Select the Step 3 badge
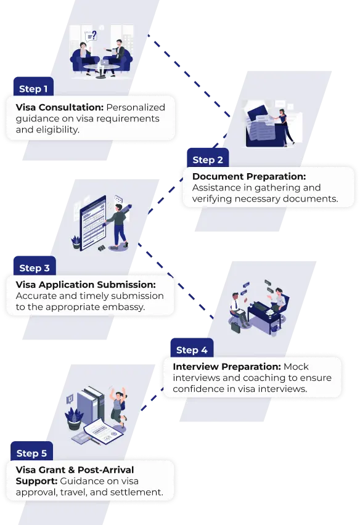tap(35, 267)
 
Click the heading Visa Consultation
tap(60, 107)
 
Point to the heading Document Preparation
tap(249, 176)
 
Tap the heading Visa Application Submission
tap(86, 285)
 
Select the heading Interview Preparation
tap(227, 367)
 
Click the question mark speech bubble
tap(91, 35)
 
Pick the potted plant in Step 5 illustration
tap(74, 419)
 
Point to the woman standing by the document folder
tap(285, 126)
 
